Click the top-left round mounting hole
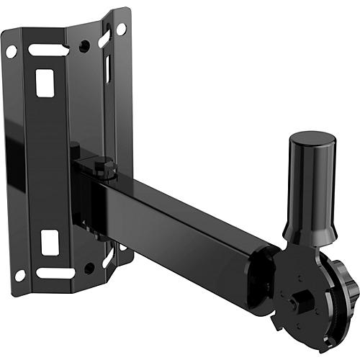coord(12,51)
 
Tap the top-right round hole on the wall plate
coord(121,29)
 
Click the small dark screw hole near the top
coord(86,45)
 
